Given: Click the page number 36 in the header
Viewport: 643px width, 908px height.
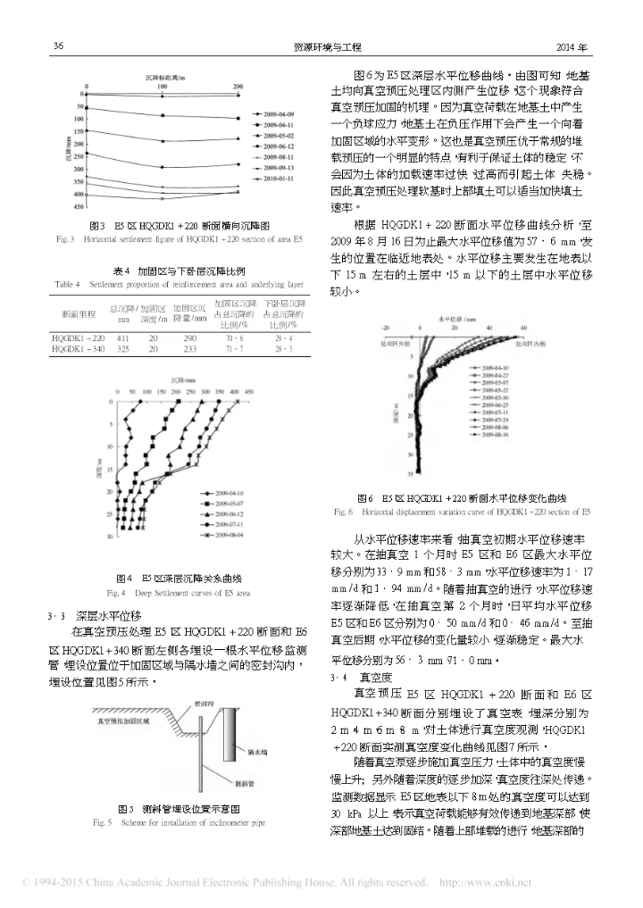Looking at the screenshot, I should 57,46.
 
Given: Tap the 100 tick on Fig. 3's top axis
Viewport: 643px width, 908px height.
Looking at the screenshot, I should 162,86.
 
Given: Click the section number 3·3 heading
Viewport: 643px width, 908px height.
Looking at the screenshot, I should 57,616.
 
